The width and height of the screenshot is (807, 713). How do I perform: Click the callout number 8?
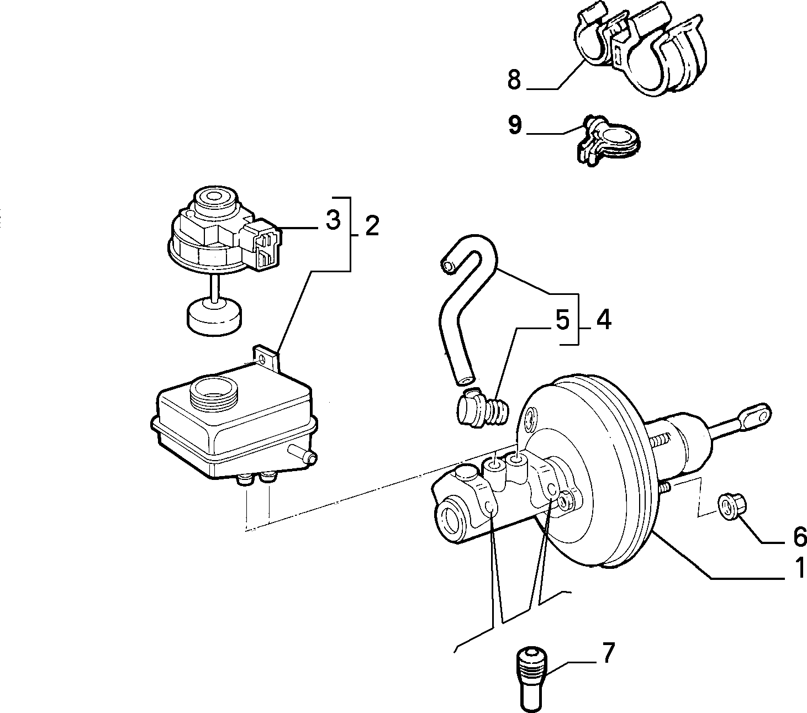coord(514,80)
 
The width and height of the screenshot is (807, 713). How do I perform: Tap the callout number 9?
coord(515,125)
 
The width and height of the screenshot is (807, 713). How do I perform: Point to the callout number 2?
coord(372,226)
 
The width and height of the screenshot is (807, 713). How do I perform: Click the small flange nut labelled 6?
coord(732,506)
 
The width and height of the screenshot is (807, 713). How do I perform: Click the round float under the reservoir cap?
coord(215,316)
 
